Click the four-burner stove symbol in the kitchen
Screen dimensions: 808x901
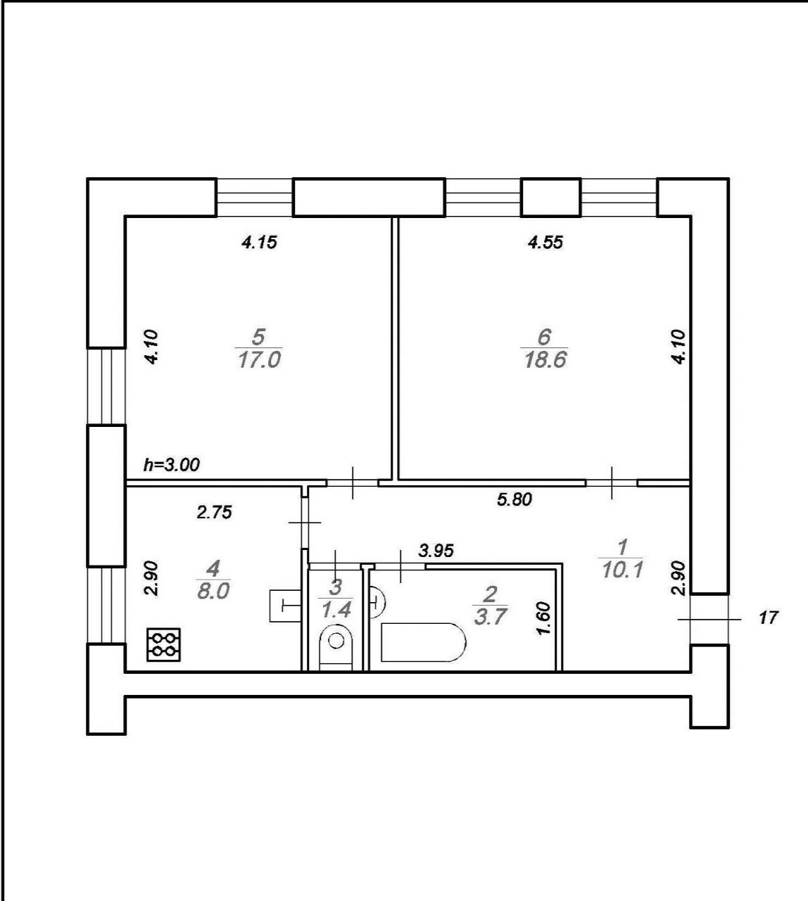(164, 644)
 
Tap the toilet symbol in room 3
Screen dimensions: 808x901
(336, 647)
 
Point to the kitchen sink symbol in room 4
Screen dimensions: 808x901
(285, 606)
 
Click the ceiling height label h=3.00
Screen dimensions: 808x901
(172, 465)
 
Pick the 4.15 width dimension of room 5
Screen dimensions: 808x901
(259, 243)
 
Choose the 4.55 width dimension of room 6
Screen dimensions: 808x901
(545, 243)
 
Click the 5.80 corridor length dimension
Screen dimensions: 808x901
(515, 499)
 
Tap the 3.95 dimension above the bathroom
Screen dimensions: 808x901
(436, 551)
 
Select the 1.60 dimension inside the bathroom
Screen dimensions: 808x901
(544, 619)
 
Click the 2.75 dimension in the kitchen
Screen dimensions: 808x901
(214, 513)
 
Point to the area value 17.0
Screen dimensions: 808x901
(260, 359)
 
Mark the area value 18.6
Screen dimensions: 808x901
(545, 359)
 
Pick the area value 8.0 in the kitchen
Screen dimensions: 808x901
(213, 592)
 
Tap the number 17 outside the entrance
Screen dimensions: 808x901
(769, 618)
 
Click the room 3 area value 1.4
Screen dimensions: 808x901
(336, 609)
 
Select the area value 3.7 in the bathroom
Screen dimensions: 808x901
(491, 616)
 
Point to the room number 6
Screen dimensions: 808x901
(544, 337)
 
